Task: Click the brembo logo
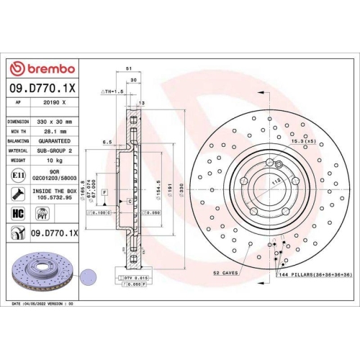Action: pos(41,68)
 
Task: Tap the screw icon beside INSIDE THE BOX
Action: pos(17,193)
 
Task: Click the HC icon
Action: pos(17,212)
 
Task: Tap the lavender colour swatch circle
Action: pos(89,274)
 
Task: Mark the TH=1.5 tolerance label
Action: pos(113,93)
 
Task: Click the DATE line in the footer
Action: pos(43,305)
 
